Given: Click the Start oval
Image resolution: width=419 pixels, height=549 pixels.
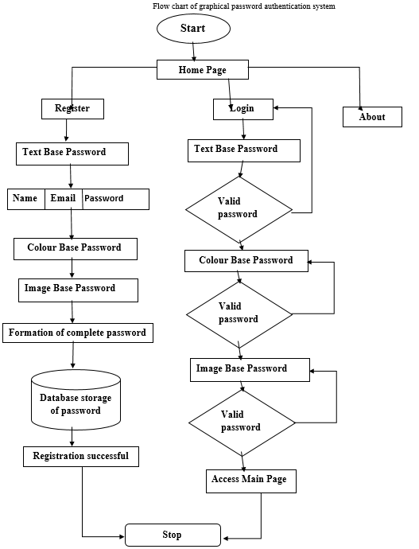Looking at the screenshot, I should point(193,29).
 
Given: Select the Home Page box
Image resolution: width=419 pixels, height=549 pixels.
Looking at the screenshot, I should point(203,70).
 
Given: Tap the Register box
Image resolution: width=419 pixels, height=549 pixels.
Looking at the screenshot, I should point(72,108).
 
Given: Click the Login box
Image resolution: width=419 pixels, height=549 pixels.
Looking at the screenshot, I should point(242,108).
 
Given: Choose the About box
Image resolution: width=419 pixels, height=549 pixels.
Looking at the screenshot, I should point(372,117).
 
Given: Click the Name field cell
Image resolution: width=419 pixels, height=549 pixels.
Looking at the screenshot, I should point(25,199).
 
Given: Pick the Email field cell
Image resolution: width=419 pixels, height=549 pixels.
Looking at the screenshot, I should point(63,199).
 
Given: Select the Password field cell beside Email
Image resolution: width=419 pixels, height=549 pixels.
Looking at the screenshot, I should point(114,199).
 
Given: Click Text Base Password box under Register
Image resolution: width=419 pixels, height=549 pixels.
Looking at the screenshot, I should point(72,153).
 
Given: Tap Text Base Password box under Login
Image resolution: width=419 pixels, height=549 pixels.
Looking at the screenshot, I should point(244,150).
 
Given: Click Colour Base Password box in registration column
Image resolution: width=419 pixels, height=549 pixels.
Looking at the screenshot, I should point(76,248).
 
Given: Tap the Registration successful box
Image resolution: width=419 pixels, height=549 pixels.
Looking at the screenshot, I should point(80,456).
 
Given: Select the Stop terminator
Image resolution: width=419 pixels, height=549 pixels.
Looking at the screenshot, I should point(172,535).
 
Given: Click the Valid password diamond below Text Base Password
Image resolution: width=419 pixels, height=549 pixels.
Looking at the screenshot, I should point(238,208).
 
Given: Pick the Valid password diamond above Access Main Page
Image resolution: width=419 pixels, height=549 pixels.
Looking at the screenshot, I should point(241,422).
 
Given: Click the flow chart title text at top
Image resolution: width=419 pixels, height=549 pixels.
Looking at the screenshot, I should point(243,6).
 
